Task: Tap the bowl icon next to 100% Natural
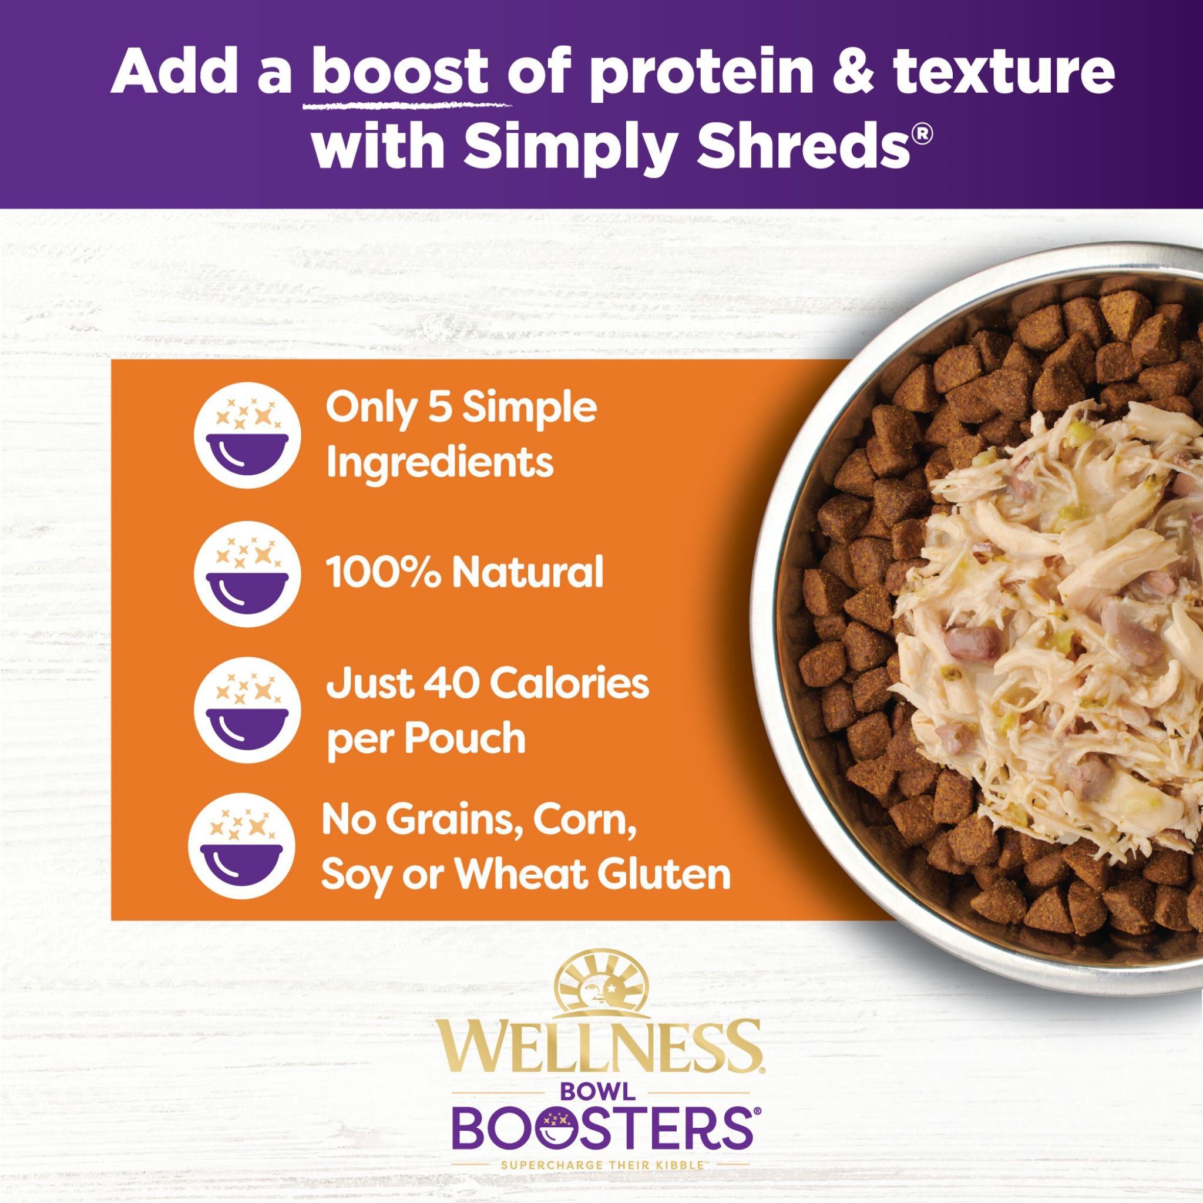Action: click(x=248, y=573)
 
